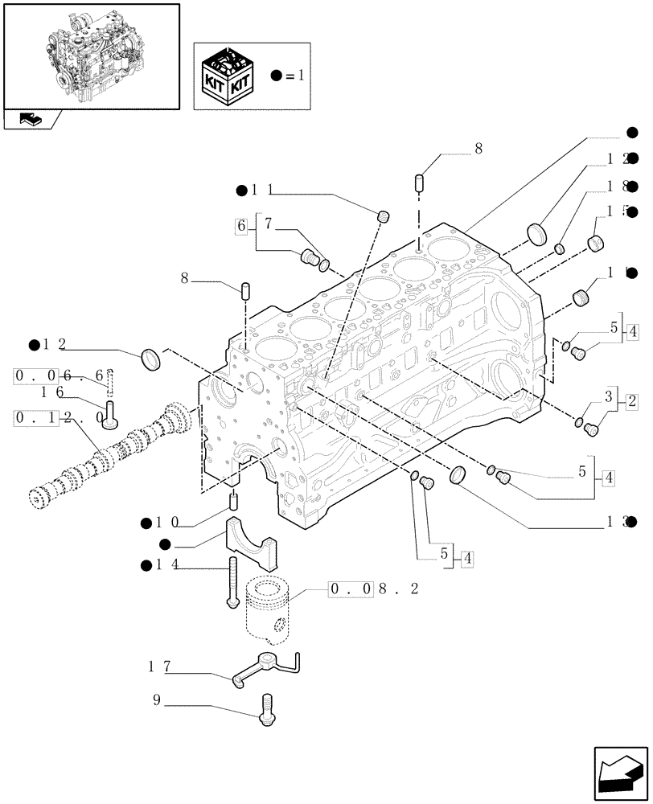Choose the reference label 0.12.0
pyautogui.click(x=60, y=418)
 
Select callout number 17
pyautogui.click(x=158, y=667)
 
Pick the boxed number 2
pyautogui.click(x=631, y=400)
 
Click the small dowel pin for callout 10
pyautogui.click(x=234, y=503)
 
